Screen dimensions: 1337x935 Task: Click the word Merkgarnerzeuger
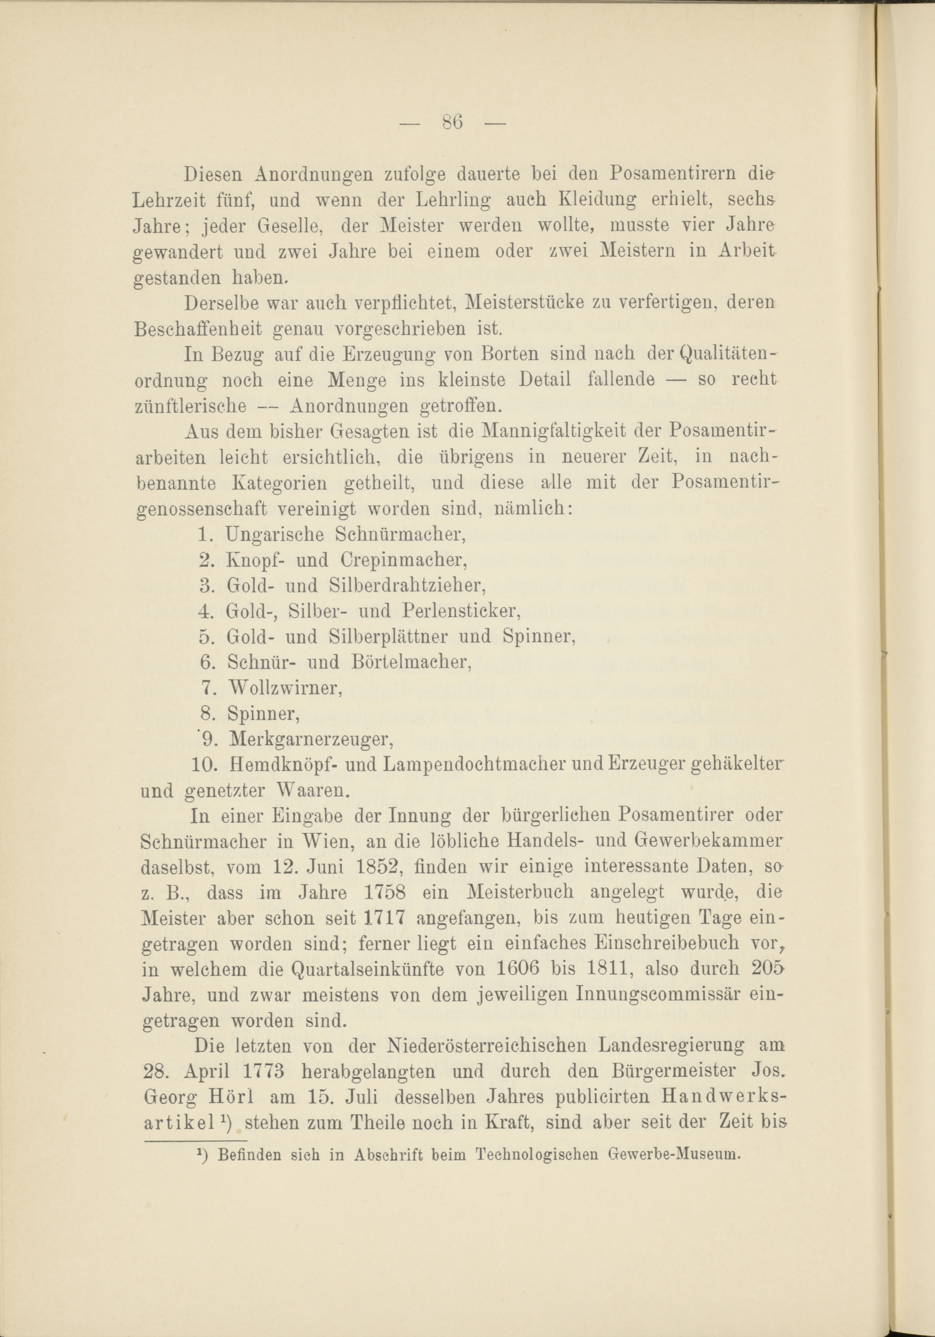coord(309,739)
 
